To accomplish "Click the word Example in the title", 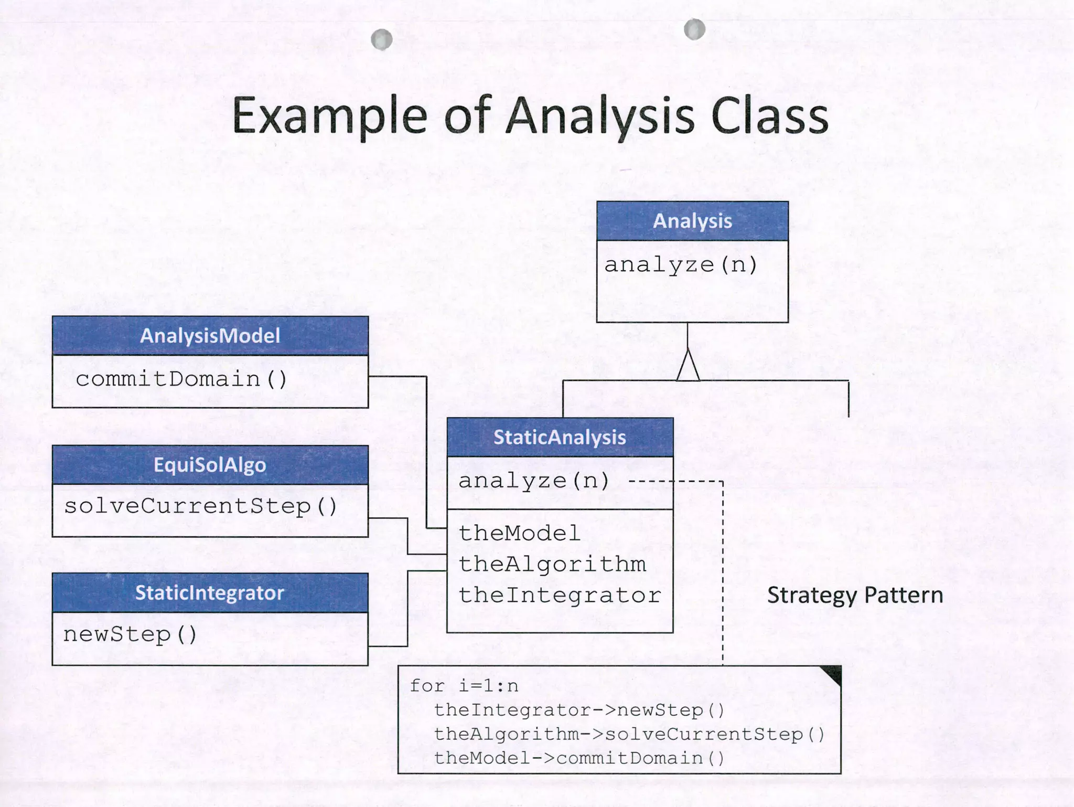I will pos(329,116).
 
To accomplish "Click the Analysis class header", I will pos(692,221).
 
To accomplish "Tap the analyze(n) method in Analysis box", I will pos(681,264).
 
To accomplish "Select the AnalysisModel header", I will pos(210,336).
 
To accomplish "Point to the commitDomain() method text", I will pos(181,379).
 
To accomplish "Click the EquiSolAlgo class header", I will pos(210,465).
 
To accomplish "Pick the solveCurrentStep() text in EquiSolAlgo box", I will pos(200,506).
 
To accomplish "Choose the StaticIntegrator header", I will pos(210,593).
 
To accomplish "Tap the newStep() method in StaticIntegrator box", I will pos(130,634).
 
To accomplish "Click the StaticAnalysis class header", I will pos(560,437).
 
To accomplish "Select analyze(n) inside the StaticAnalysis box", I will pos(534,481).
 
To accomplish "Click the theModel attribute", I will pos(519,534).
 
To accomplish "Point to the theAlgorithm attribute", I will pos(552,565).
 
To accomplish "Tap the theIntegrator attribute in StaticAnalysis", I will pos(560,596).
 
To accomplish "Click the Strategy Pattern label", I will pos(855,596).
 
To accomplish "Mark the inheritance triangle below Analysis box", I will pos(688,366).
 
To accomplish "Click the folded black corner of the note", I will pos(833,674).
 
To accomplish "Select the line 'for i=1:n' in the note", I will pos(464,686).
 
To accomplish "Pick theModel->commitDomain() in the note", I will pos(579,758).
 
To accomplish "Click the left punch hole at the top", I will pos(381,39).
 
